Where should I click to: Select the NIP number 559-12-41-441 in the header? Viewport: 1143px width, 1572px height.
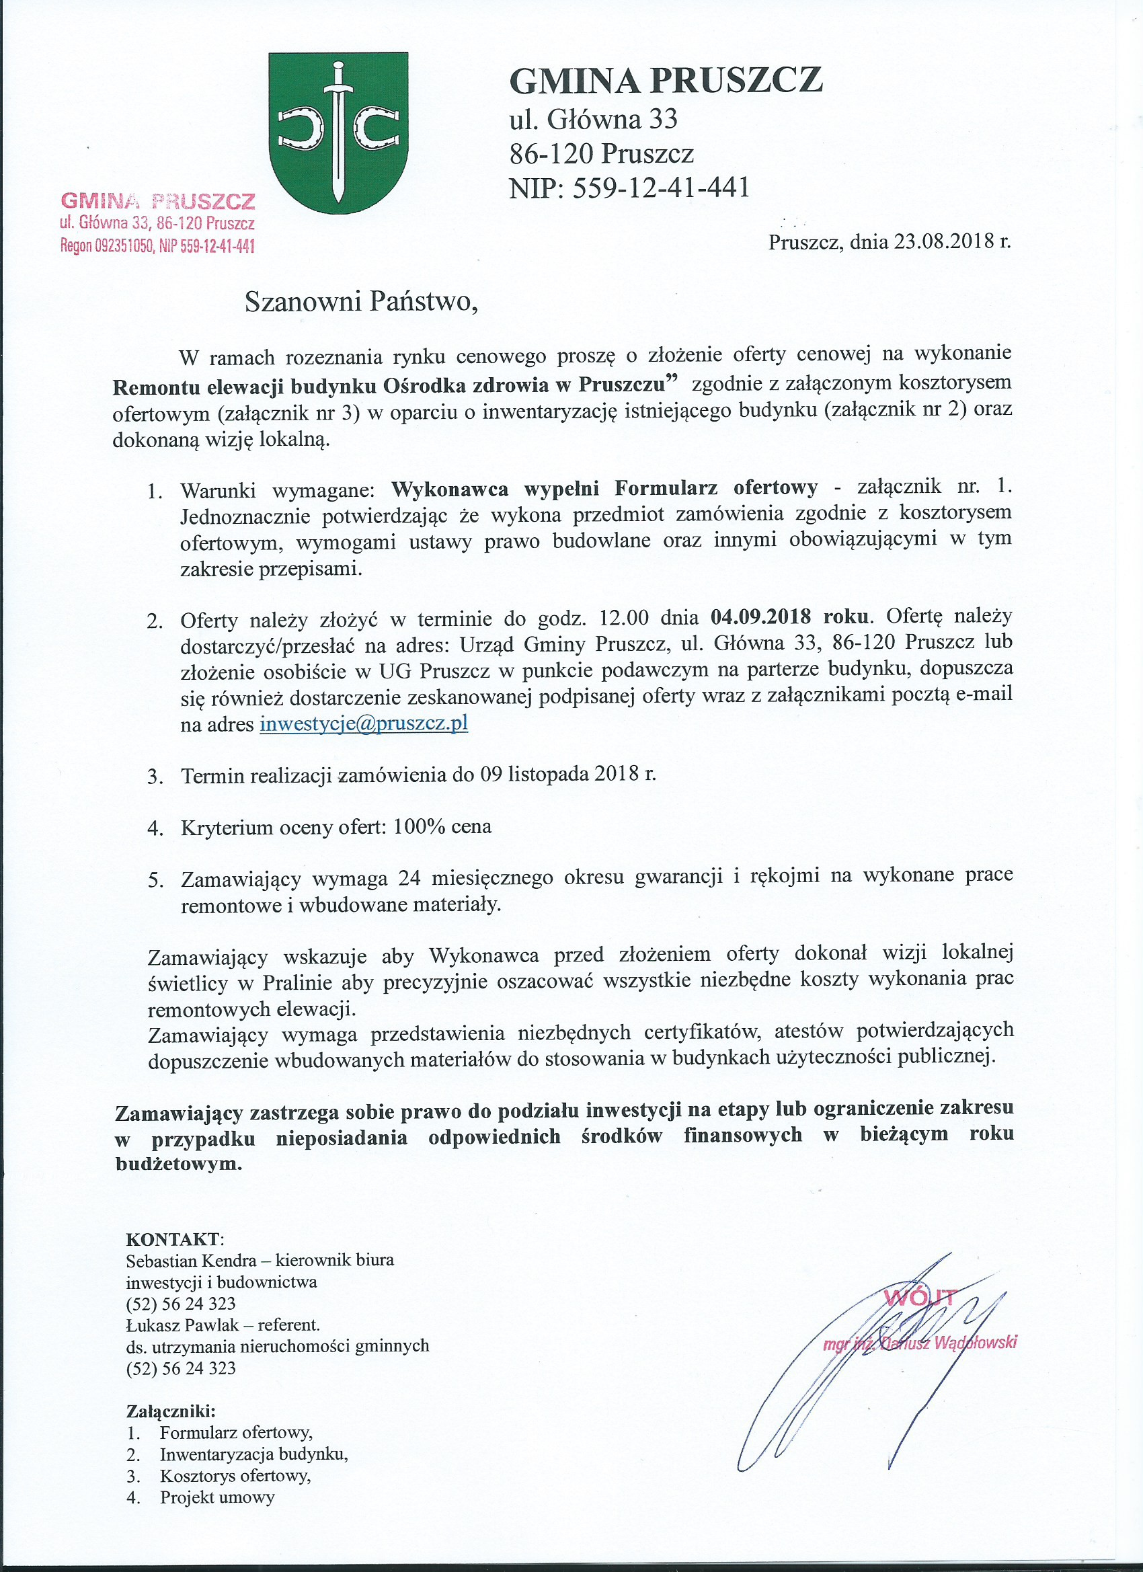point(662,187)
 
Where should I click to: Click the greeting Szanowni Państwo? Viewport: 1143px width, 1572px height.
point(361,302)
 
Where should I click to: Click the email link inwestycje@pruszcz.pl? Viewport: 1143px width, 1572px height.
point(364,723)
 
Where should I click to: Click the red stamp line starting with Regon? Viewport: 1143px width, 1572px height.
point(158,246)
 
